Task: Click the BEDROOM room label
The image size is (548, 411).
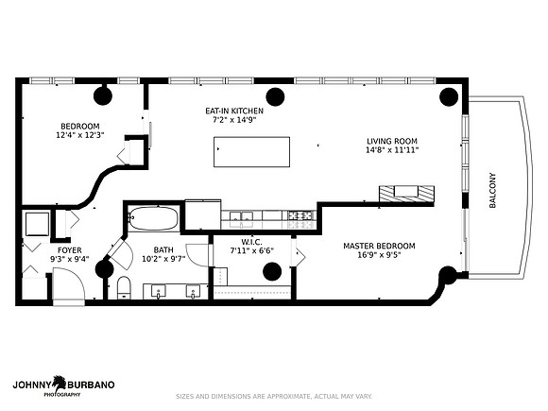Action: tap(80, 127)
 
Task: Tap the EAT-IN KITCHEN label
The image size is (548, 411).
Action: tap(234, 111)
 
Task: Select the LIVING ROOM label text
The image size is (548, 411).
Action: tap(392, 141)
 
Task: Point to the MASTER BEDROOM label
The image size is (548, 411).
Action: tap(379, 246)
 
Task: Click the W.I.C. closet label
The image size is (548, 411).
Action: tap(251, 242)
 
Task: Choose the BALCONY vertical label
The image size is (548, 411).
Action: tap(492, 191)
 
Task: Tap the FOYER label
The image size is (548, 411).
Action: tap(70, 250)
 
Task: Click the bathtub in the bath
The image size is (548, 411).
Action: tap(153, 219)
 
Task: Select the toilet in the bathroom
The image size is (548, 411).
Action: tap(124, 287)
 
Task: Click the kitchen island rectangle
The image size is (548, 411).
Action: tap(251, 152)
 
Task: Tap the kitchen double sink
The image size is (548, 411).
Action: tap(241, 215)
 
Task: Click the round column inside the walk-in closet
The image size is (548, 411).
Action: tap(272, 271)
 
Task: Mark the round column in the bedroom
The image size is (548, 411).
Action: tap(103, 95)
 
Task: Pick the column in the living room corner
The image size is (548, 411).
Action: tap(449, 96)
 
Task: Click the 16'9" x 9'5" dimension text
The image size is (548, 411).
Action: tap(379, 255)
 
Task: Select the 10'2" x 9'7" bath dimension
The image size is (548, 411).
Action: tap(163, 259)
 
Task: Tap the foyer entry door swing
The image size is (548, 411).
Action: tap(69, 283)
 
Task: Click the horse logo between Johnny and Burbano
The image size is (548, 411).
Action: tap(60, 384)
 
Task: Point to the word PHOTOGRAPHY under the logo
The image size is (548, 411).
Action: tap(61, 395)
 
